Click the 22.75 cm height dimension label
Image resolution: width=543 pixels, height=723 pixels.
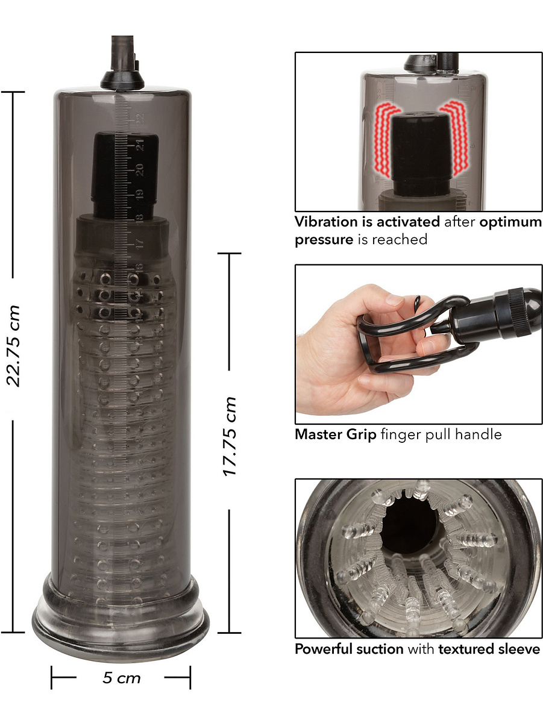(x=13, y=345)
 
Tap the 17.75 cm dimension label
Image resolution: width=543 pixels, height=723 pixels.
(x=230, y=436)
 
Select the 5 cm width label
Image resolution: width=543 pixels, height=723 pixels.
(x=121, y=678)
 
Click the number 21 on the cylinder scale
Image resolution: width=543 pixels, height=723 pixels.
(x=140, y=145)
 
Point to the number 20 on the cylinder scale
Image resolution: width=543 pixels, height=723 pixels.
(x=140, y=170)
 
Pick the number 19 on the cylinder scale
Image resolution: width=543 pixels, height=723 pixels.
(x=140, y=194)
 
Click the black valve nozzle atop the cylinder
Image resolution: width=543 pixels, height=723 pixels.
(x=122, y=63)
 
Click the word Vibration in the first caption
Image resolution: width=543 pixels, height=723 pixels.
(x=326, y=222)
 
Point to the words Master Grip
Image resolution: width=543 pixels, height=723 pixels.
(x=336, y=435)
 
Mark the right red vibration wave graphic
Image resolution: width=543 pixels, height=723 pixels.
(x=454, y=138)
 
